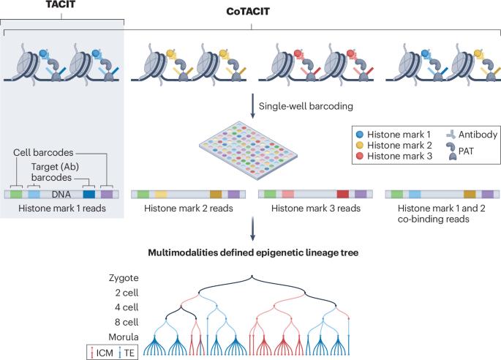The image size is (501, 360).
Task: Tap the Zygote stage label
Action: [121, 277]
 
